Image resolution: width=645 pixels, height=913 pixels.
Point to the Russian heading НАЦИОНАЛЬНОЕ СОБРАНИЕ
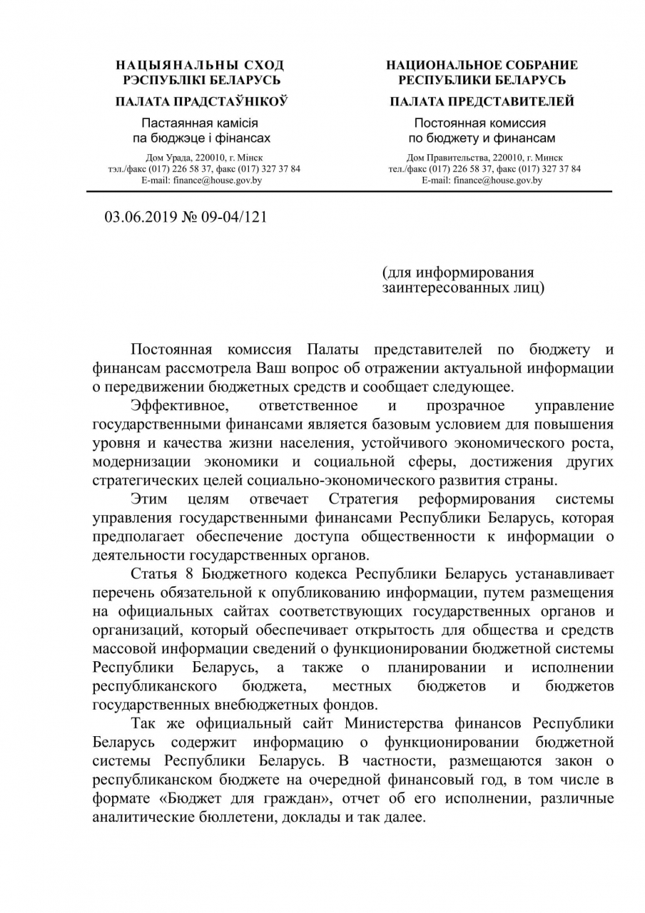click(x=482, y=65)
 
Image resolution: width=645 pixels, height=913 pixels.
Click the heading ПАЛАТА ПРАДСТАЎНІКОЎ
click(x=201, y=101)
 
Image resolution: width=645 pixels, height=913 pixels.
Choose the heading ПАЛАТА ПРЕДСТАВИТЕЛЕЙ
click(x=482, y=101)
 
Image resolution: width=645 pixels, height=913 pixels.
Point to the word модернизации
click(x=138, y=461)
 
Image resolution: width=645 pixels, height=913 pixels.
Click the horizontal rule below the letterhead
click(x=349, y=192)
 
